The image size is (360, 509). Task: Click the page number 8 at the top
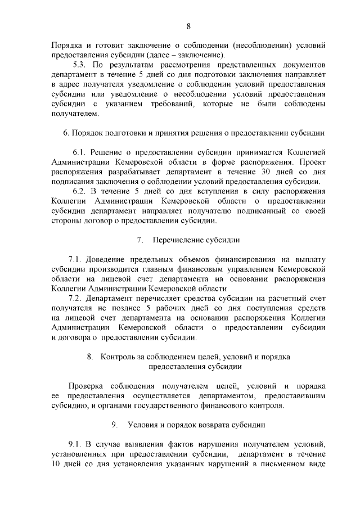188,26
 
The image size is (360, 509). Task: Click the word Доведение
110,259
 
